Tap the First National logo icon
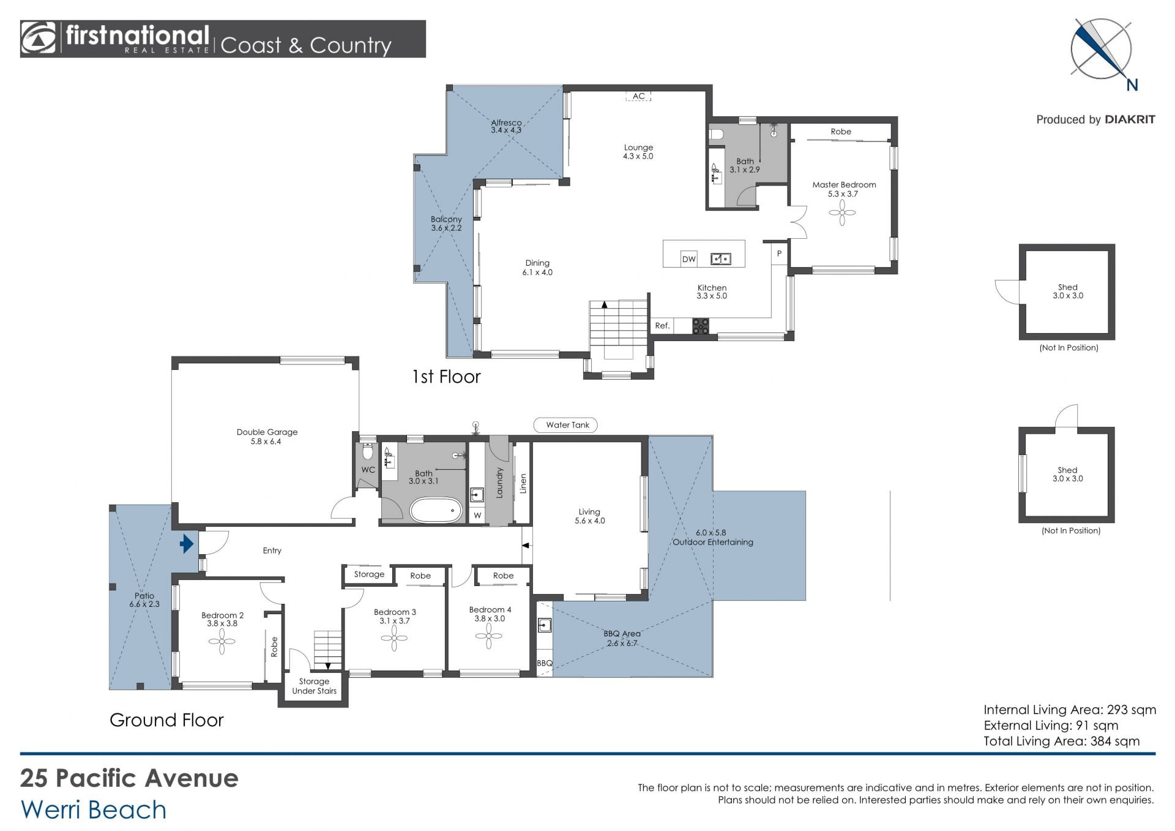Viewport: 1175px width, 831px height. [x=39, y=39]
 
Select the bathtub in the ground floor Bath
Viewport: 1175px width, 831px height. [x=435, y=510]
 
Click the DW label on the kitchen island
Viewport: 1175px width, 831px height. [x=689, y=259]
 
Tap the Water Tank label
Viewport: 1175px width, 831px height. [x=567, y=425]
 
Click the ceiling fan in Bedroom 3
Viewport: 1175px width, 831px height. [x=394, y=638]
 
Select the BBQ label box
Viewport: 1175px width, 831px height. [x=544, y=663]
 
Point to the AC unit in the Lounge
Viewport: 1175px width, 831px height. [x=638, y=96]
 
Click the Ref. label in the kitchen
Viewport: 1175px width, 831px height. [x=662, y=326]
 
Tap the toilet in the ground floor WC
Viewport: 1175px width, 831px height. [x=367, y=452]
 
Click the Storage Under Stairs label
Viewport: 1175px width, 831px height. [x=314, y=686]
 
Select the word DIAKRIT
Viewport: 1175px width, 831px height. [x=1130, y=119]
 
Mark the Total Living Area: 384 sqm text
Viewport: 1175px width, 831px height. [x=1062, y=741]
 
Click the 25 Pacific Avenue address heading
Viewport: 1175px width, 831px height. [x=129, y=778]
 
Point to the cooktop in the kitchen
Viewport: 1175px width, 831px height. [x=701, y=326]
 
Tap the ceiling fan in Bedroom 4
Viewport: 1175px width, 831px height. [x=488, y=636]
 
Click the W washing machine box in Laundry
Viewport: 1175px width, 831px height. [x=477, y=515]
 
